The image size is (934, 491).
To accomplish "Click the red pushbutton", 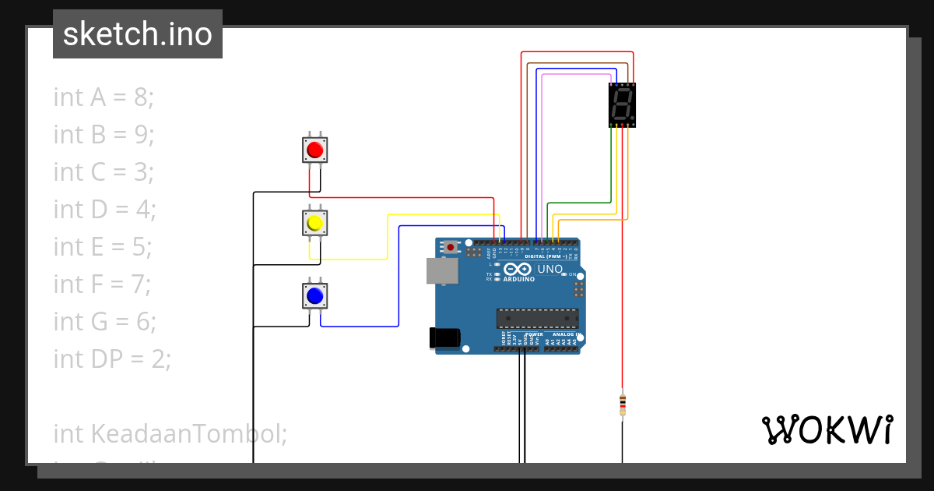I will pos(314,149).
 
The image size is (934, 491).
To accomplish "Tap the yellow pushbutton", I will pos(314,224).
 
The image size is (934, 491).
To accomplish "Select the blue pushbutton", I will pos(314,296).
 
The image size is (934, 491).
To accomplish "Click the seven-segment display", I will pos(623,104).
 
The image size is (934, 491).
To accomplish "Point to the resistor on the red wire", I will pos(622,404).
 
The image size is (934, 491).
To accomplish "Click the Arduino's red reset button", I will pos(451,248).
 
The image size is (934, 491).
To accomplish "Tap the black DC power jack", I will pos(444,337).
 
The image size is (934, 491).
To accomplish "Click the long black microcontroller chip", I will pos(538,318).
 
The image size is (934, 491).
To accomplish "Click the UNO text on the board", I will pos(550,269).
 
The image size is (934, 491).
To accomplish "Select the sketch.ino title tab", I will pos(138,34).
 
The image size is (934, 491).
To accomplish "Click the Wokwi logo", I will pos(827,429).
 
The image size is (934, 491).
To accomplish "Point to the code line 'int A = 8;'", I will pos(104,97).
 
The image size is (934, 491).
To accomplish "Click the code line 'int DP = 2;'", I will pos(111,359).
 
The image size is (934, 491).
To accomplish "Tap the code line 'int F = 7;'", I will pos(102,284).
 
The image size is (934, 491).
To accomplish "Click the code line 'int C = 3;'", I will pos(104,171).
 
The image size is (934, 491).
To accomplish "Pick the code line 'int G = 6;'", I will pos(104,321).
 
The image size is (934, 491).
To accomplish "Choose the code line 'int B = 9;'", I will pos(104,134).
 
